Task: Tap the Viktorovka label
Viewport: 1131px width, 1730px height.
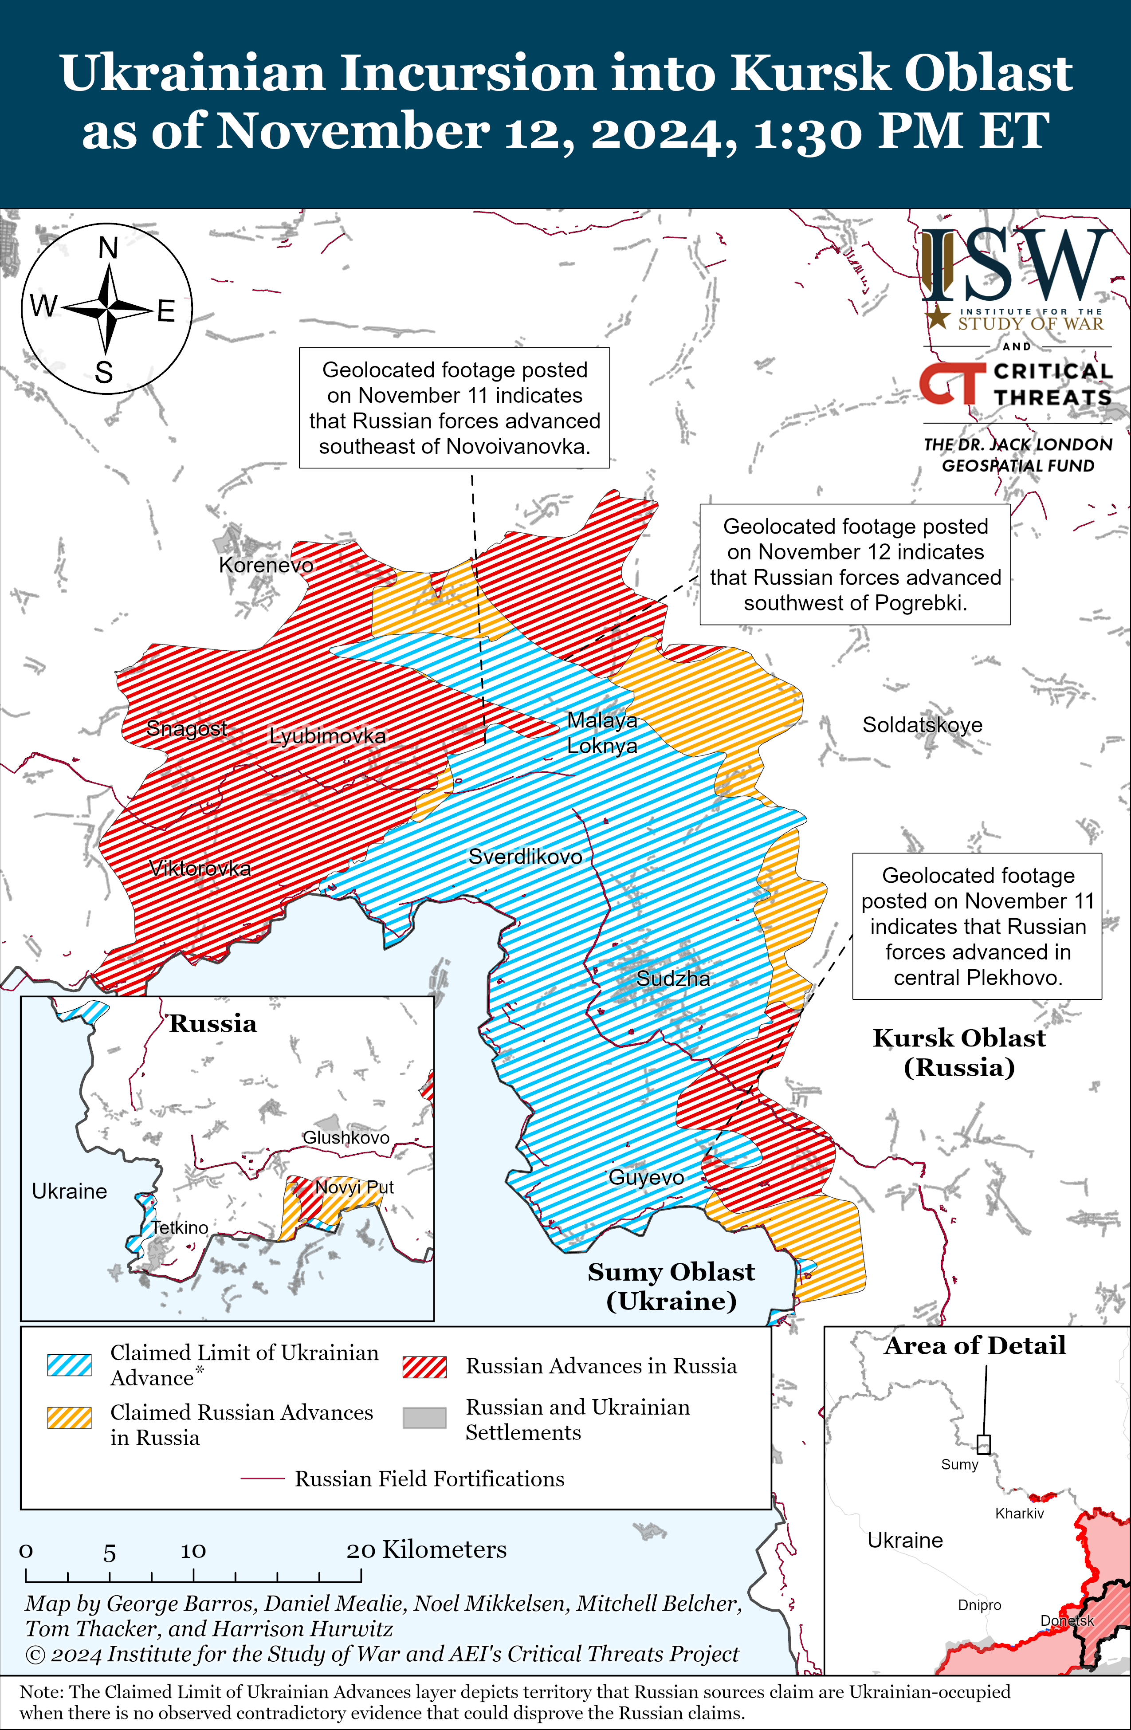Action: (200, 868)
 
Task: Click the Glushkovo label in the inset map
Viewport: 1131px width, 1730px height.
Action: (346, 1137)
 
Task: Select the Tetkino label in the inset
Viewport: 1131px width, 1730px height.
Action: (180, 1228)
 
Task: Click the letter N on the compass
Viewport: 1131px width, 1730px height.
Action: (108, 248)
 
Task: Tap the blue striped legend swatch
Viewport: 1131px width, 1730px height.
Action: (69, 1365)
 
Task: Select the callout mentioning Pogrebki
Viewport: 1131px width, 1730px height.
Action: (855, 564)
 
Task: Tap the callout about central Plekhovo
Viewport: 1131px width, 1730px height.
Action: (977, 926)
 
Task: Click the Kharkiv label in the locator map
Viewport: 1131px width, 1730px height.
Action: (1019, 1514)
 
